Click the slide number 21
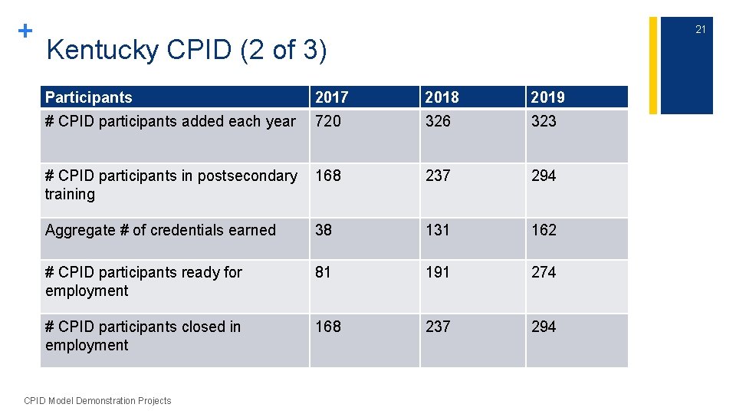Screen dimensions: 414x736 pos(700,30)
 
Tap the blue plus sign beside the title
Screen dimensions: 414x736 pos(25,31)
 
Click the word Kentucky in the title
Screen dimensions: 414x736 pos(103,51)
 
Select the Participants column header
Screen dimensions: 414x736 pos(89,97)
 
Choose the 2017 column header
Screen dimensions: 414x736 pos(331,97)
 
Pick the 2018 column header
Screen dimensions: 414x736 pos(442,97)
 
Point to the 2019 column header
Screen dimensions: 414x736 pos(547,97)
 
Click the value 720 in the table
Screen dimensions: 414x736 pos(328,121)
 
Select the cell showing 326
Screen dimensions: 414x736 pos(439,121)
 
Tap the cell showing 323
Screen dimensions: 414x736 pos(544,121)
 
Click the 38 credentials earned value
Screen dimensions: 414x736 pos(324,230)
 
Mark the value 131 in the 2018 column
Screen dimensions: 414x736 pos(438,230)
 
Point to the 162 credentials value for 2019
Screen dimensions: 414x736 pos(544,230)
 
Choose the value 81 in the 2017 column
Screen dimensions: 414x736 pos(324,272)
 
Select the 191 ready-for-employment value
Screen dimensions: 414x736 pos(438,272)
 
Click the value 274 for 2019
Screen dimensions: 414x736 pos(544,272)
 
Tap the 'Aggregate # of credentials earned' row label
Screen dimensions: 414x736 pos(160,230)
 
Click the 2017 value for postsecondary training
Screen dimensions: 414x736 pos(328,176)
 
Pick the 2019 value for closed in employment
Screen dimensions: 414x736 pos(544,327)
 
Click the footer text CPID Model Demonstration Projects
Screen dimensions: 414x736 pos(98,400)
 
